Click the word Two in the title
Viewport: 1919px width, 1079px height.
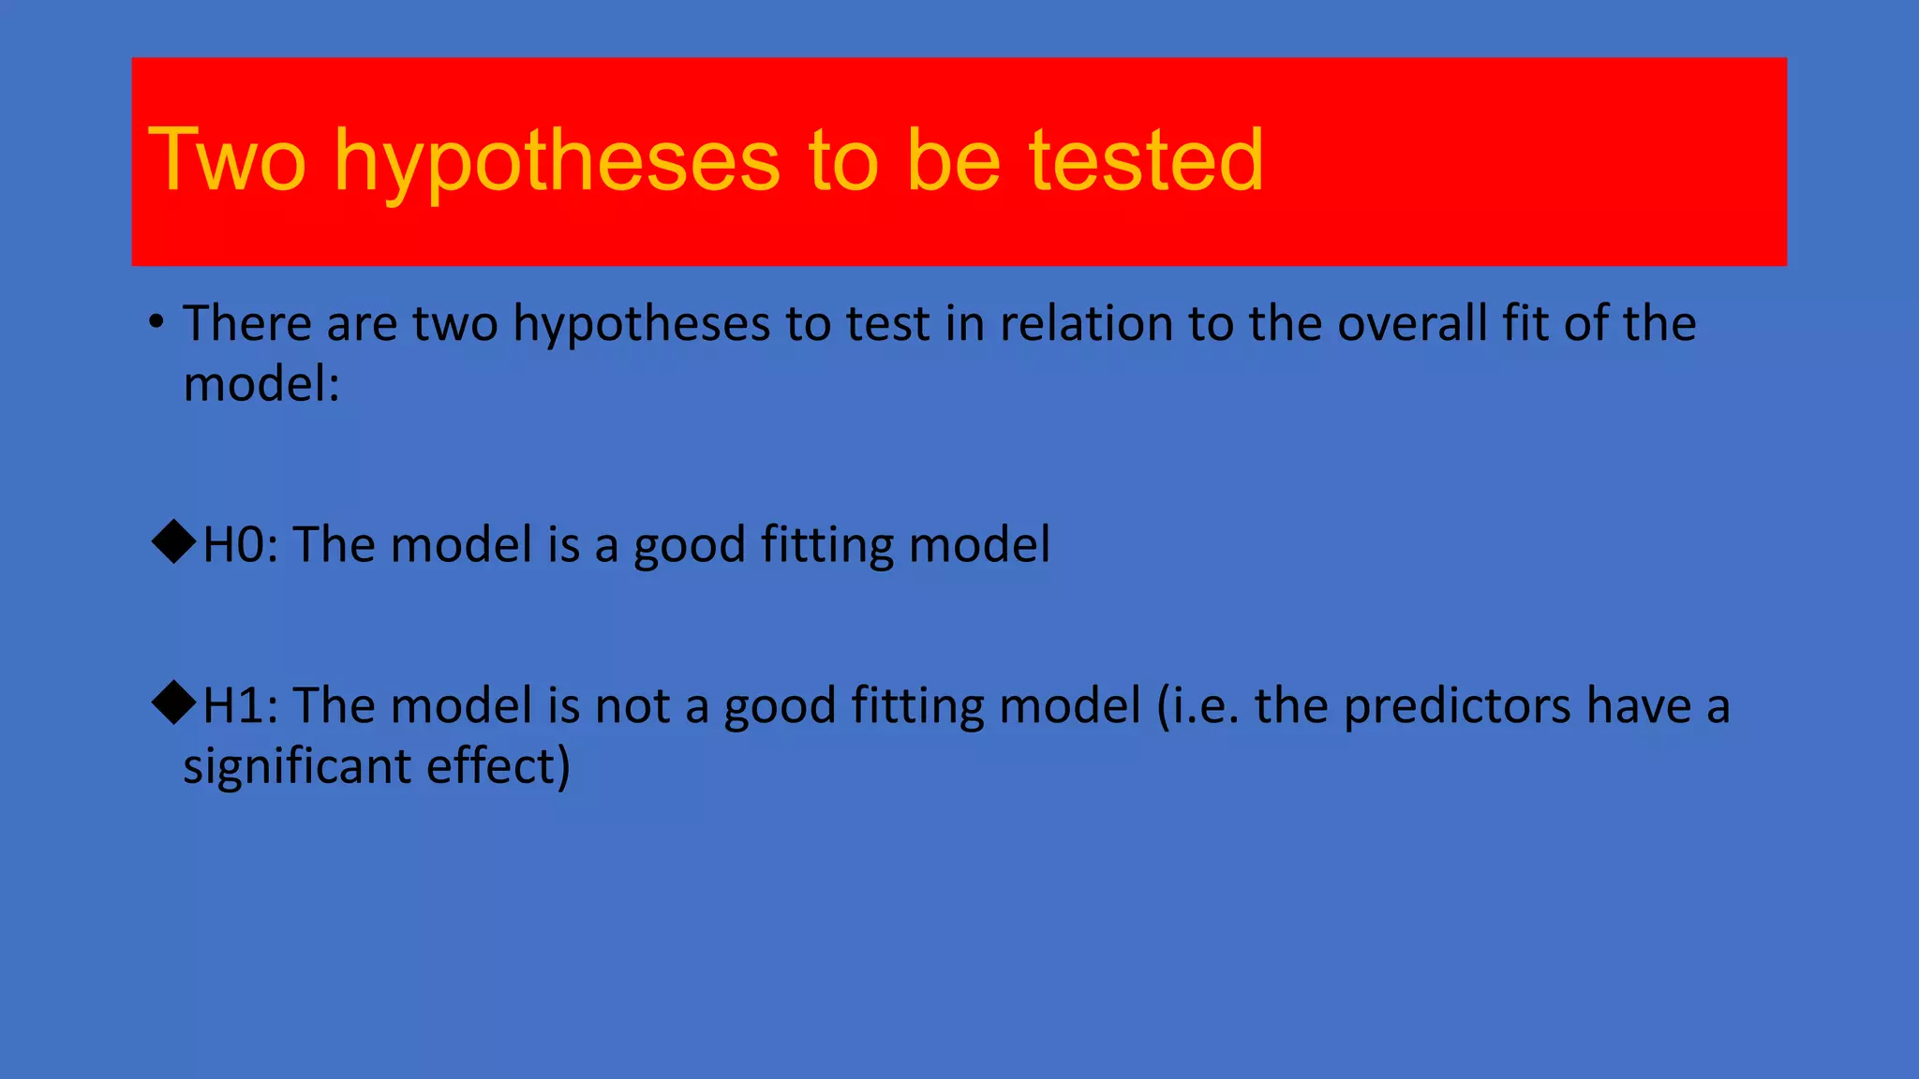[x=227, y=160]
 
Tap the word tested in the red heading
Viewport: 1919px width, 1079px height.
[x=1146, y=160]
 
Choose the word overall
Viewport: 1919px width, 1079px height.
[x=1412, y=324]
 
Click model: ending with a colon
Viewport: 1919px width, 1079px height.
[x=261, y=384]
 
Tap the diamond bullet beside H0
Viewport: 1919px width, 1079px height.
[x=173, y=542]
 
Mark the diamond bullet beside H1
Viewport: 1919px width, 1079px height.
[x=173, y=702]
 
